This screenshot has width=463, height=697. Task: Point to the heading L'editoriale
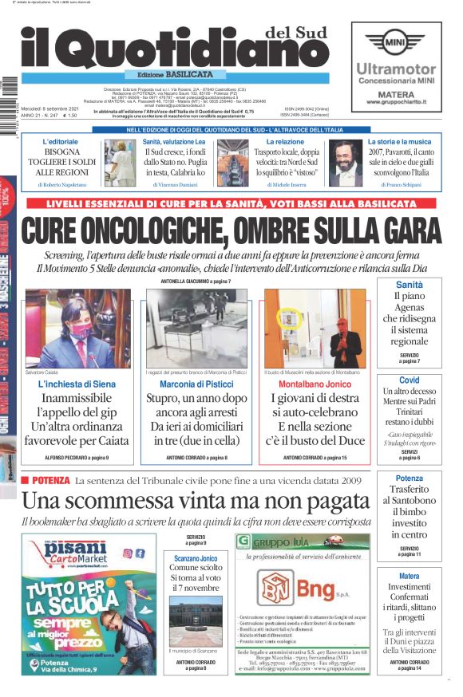61,141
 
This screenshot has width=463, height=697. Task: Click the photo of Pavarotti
346,162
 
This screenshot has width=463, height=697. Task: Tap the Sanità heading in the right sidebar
409,285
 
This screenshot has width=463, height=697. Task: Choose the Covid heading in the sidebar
409,380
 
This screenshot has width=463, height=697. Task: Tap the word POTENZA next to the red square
52,481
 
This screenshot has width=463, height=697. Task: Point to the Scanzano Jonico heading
196,558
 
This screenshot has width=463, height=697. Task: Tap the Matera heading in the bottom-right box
409,576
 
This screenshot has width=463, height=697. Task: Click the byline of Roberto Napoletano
62,184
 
